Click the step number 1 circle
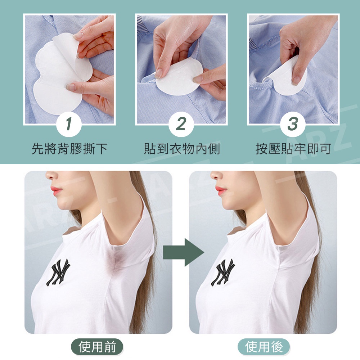pos(69,124)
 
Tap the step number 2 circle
pos(181,124)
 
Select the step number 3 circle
pos(293,124)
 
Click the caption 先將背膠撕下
pos(69,149)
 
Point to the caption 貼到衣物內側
pos(182,149)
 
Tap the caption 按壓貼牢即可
pos(293,149)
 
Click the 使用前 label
pos(97,347)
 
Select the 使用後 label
pos(264,347)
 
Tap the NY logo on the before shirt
pos(58,272)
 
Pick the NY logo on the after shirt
pos(223,272)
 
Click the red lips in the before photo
pos(56,190)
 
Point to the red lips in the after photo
pos(221,190)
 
